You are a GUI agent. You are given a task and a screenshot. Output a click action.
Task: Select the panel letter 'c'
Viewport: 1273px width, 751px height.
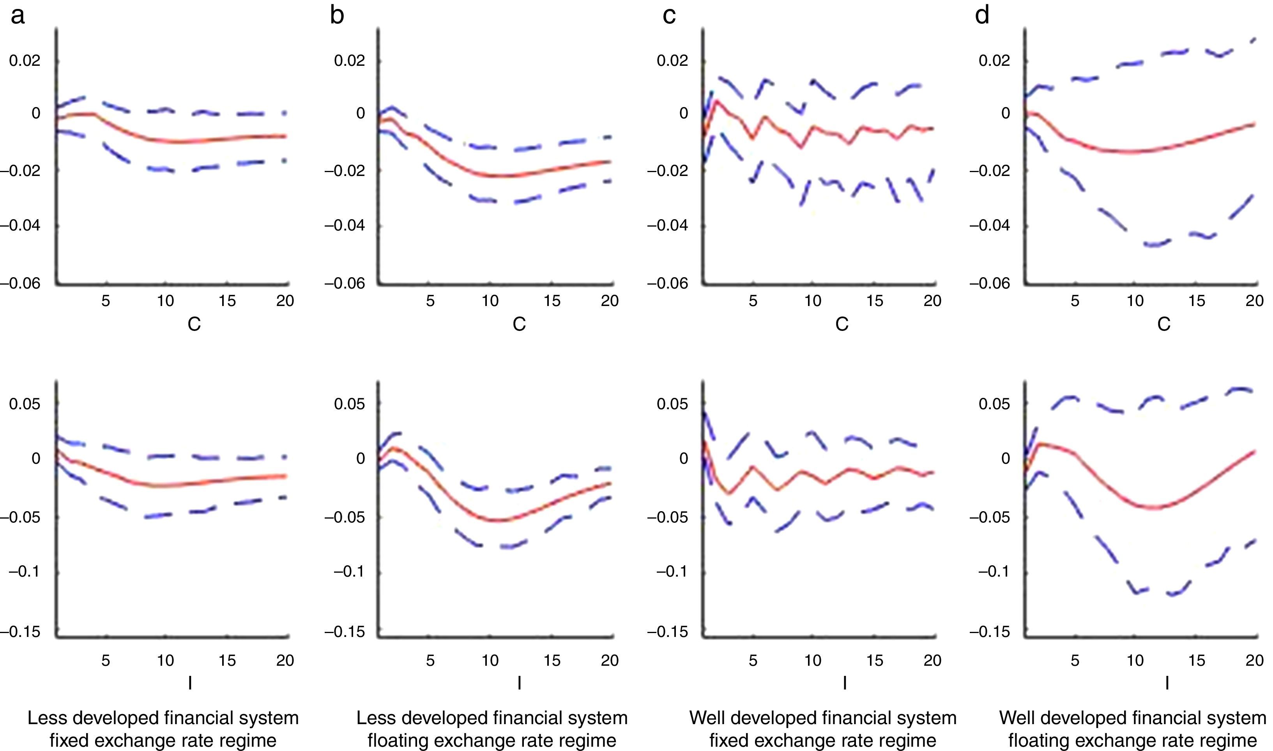click(x=669, y=16)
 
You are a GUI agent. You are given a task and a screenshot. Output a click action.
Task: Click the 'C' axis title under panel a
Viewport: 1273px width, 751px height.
click(x=194, y=324)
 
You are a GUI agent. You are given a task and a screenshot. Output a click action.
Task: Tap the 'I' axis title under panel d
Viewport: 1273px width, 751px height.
click(x=1167, y=684)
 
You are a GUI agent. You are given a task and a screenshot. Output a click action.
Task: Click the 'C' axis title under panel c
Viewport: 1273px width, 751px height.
click(x=842, y=324)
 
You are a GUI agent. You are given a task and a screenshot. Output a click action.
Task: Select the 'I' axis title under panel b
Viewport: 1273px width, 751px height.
click(x=519, y=684)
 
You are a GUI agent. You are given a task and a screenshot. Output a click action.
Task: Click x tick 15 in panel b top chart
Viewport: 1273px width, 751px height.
click(x=552, y=301)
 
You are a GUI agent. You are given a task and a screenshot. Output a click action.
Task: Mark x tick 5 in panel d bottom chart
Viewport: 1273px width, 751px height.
click(x=1075, y=660)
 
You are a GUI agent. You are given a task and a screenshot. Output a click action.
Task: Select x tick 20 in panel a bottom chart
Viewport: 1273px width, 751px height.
click(x=285, y=660)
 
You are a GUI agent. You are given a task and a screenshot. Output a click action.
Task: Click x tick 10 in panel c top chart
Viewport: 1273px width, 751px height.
click(x=813, y=301)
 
